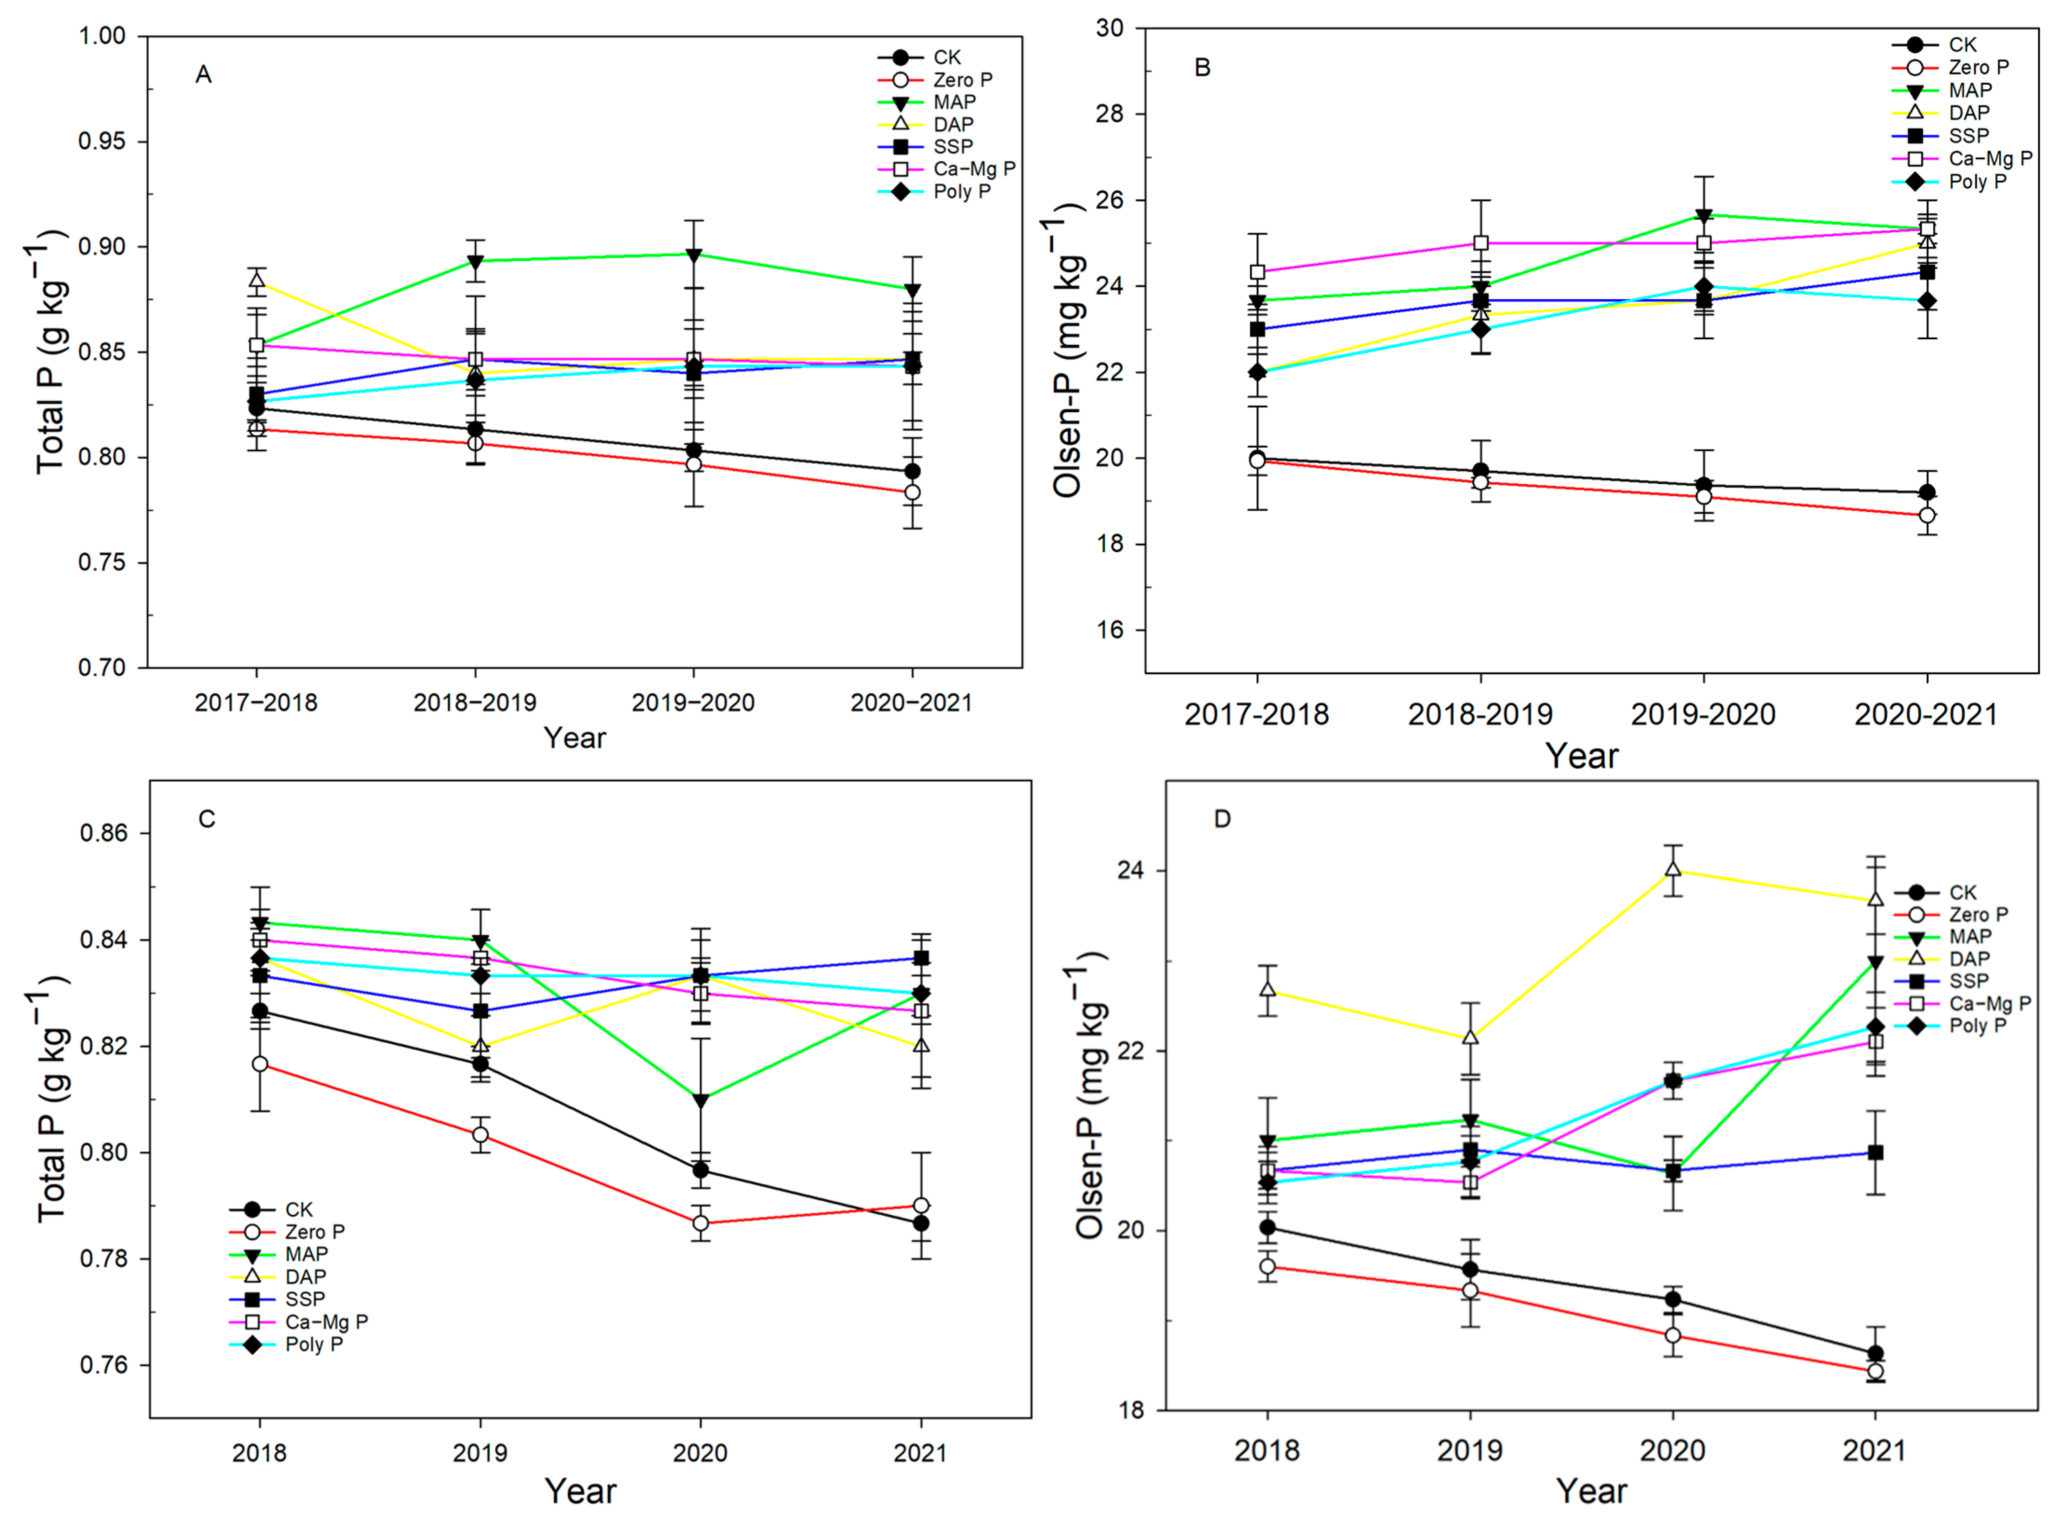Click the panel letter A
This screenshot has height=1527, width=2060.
[203, 75]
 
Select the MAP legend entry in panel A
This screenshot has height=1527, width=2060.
[927, 102]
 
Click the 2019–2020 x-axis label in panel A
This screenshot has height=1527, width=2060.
[693, 703]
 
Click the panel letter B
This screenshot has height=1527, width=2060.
[1202, 67]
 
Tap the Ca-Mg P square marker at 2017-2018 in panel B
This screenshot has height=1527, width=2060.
[1257, 272]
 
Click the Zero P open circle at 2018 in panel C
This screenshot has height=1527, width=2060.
[260, 1064]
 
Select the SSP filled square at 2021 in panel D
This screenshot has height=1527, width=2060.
[1875, 1152]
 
